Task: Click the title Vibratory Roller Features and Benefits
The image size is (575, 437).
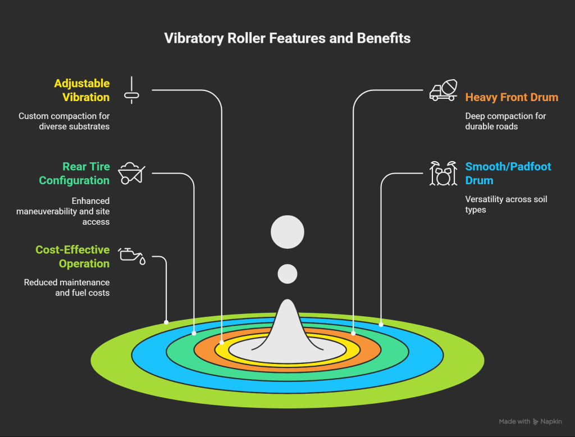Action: tap(287, 38)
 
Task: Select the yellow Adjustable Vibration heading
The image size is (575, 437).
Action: tap(81, 90)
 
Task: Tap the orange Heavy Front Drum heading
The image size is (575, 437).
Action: tap(512, 97)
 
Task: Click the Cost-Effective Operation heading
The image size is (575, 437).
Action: tap(72, 257)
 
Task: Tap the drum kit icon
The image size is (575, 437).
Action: tap(442, 174)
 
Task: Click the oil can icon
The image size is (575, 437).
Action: tap(132, 255)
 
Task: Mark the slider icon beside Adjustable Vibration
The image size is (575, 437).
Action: tap(131, 90)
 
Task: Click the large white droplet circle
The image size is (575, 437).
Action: tap(287, 232)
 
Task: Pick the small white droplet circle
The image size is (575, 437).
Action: tap(287, 274)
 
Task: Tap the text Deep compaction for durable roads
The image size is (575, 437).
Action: tap(505, 121)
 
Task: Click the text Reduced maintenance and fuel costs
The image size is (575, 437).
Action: tap(67, 288)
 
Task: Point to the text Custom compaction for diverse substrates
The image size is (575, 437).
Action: tap(64, 121)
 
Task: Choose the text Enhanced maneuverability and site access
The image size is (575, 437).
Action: tap(75, 211)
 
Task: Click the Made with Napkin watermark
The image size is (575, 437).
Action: tap(530, 421)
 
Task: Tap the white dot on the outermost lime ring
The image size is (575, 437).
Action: tap(166, 322)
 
